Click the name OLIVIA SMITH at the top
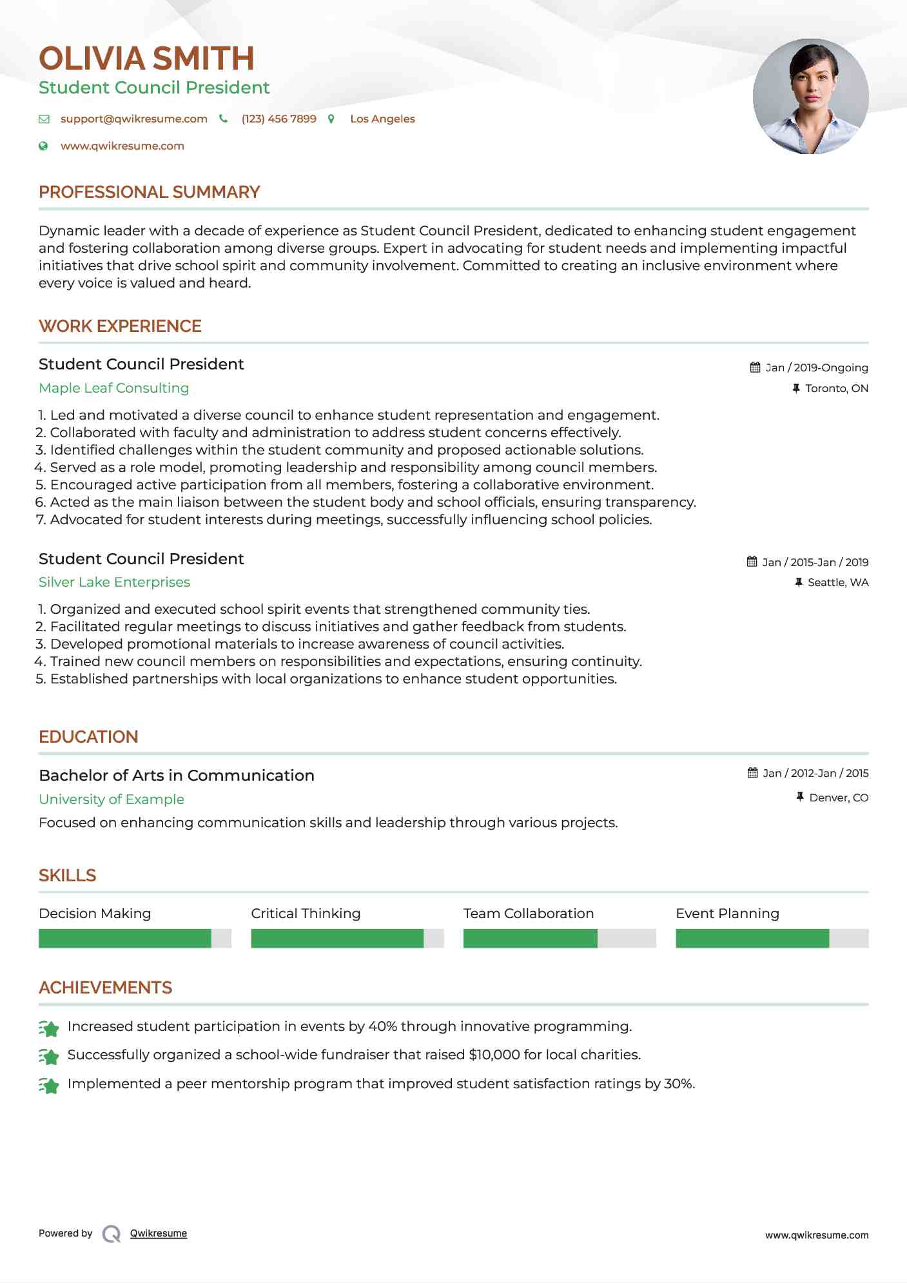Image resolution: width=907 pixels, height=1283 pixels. point(146,59)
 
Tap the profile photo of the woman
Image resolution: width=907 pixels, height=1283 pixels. point(810,97)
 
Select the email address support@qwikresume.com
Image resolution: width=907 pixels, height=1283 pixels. point(133,119)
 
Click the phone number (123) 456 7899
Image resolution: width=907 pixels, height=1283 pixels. point(278,119)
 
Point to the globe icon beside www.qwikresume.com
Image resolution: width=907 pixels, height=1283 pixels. point(43,146)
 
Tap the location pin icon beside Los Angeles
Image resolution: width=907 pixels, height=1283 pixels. point(331,119)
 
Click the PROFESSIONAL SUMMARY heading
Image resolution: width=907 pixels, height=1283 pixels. point(149,192)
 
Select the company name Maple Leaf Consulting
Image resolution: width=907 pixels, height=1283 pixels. point(113,388)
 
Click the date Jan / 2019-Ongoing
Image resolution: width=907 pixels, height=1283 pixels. point(816,368)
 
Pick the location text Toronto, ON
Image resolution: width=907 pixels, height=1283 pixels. point(836,389)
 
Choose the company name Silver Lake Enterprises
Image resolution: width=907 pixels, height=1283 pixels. point(114,582)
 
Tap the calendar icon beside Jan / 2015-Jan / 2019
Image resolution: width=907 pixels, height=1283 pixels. point(752,562)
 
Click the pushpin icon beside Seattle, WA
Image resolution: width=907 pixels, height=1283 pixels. point(799,583)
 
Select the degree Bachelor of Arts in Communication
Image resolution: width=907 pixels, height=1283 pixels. point(176,776)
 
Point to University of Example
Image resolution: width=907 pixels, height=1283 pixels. point(111,799)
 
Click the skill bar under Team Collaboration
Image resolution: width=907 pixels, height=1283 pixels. point(559,939)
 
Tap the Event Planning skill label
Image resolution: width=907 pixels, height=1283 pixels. point(727,914)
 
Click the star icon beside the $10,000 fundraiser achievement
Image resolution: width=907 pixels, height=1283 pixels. point(49,1057)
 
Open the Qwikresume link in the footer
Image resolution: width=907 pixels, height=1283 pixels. point(158,1233)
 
